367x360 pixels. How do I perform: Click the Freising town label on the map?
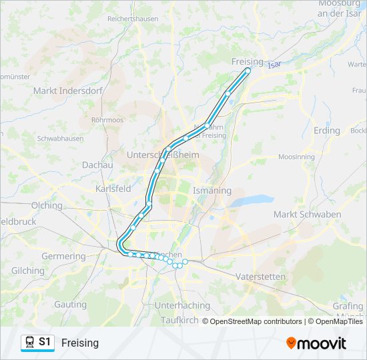coord(248,61)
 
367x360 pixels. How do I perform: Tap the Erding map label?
coord(326,130)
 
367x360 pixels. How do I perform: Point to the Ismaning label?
coord(212,191)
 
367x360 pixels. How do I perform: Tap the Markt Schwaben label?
coord(307,214)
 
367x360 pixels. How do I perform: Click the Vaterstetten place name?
coord(260,276)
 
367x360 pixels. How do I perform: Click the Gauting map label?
coord(70,304)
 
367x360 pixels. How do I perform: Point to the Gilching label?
coord(28,271)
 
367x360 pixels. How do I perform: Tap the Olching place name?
coord(47,205)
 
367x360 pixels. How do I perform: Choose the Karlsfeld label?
coord(113,189)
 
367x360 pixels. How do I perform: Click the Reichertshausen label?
coord(133,19)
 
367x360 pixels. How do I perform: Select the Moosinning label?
coord(296,157)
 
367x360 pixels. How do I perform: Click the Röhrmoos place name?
coord(107,120)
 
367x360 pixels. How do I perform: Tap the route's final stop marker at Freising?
coord(248,70)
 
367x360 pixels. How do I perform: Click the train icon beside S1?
coord(29,342)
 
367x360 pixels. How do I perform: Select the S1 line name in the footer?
coord(45,342)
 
